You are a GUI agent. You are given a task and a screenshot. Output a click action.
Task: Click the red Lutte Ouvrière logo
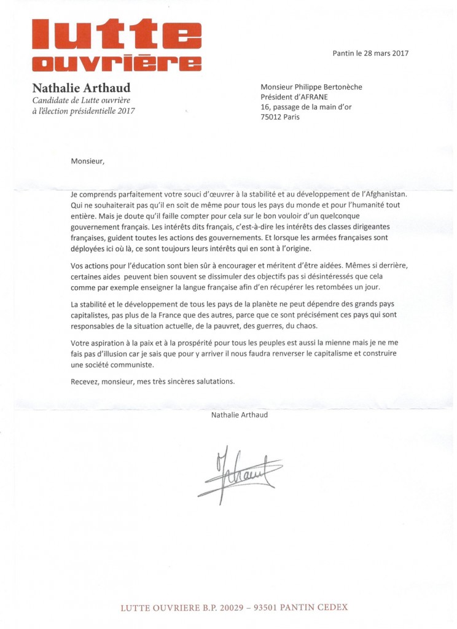[x=116, y=45]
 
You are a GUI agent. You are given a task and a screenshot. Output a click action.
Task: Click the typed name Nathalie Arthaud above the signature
[x=239, y=415]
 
